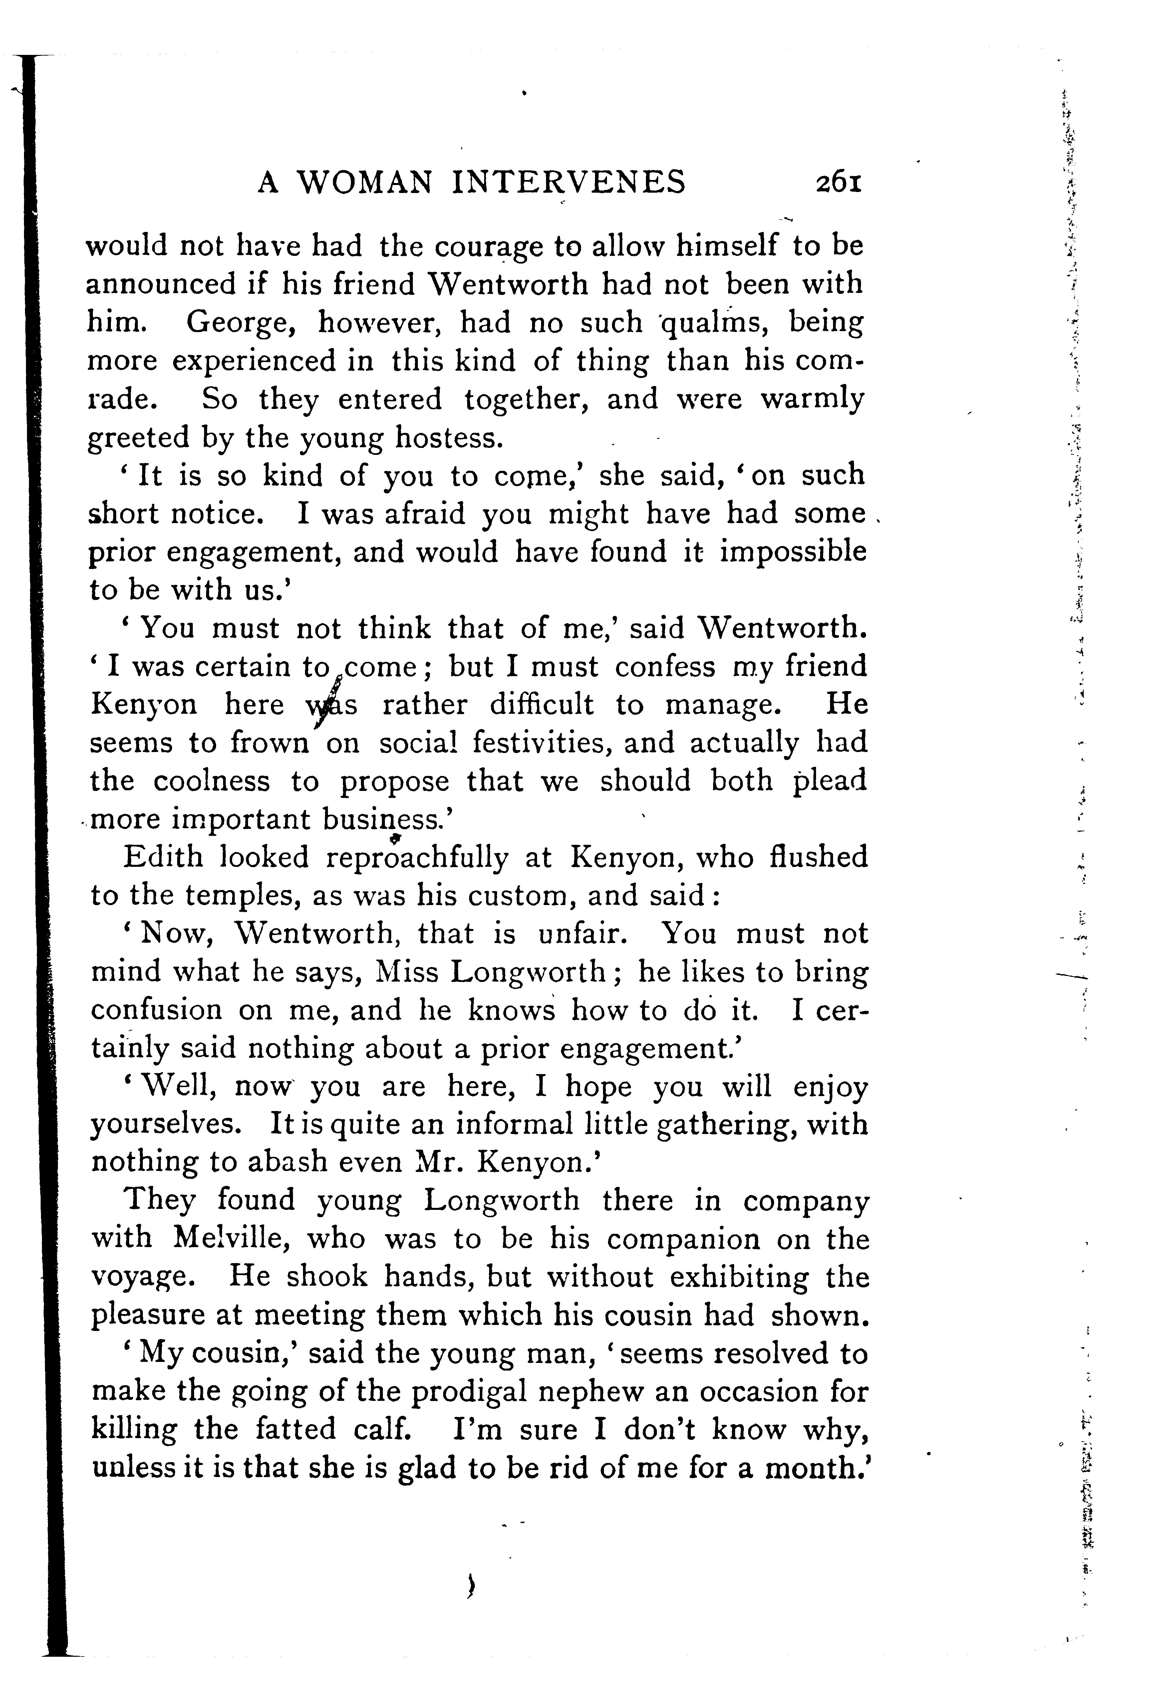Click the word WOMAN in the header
pos(364,182)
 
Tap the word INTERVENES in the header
pos(568,182)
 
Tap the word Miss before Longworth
pos(407,972)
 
